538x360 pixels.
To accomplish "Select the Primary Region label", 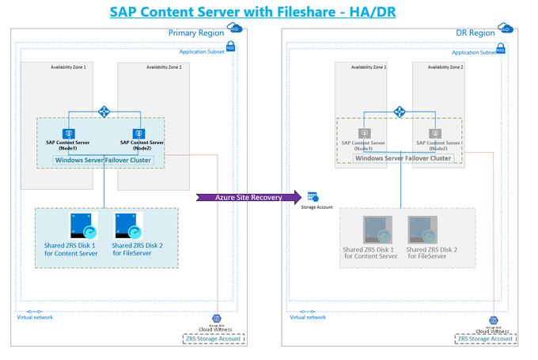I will (196, 33).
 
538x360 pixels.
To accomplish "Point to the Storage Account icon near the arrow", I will (313, 196).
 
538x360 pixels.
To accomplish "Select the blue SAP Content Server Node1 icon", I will (70, 134).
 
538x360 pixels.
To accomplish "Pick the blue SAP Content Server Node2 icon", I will (138, 134).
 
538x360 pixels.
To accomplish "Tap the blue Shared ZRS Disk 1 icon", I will (81, 226).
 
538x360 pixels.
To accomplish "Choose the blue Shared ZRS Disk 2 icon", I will (127, 226).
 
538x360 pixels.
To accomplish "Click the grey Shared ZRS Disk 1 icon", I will (376, 229).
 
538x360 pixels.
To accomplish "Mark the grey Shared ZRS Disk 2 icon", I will (422, 229).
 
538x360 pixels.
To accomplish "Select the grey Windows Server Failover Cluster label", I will (403, 158).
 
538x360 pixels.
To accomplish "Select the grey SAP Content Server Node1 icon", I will (365, 134).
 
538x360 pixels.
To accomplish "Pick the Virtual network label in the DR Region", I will (308, 317).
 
